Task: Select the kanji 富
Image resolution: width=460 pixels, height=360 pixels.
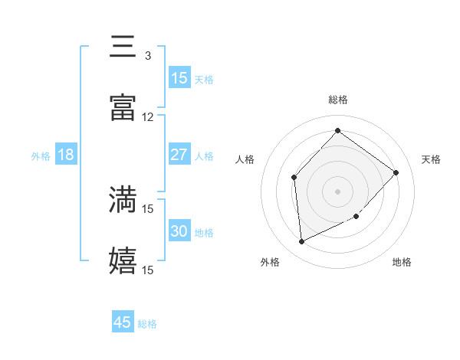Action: (x=123, y=108)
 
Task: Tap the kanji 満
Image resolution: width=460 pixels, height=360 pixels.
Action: (x=123, y=199)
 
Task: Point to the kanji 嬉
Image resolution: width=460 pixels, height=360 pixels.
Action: (x=123, y=260)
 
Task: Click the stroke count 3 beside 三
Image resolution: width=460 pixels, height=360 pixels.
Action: (x=148, y=56)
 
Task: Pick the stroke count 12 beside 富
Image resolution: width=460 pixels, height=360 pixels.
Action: (x=148, y=117)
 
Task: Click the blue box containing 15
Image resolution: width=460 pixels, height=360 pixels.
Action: (x=179, y=77)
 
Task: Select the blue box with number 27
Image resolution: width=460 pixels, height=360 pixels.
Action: (x=179, y=155)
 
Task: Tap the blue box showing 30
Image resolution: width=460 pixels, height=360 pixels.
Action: (x=179, y=231)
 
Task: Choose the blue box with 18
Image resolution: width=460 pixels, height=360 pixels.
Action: (x=66, y=155)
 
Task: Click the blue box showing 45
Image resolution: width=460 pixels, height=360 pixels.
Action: (x=123, y=322)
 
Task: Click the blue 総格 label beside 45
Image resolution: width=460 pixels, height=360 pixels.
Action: (x=147, y=324)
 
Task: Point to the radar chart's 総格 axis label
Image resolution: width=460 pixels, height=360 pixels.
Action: (x=337, y=100)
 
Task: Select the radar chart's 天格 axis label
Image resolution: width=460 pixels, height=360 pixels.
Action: (x=431, y=159)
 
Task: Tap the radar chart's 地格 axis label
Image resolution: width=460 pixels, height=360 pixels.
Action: (x=402, y=262)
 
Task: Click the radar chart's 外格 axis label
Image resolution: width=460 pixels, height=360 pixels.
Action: (x=270, y=262)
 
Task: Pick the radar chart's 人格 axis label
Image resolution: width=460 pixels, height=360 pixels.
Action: (x=245, y=159)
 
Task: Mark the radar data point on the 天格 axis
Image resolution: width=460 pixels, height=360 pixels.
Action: (x=396, y=172)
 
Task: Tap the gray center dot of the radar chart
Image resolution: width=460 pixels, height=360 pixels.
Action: (x=337, y=191)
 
